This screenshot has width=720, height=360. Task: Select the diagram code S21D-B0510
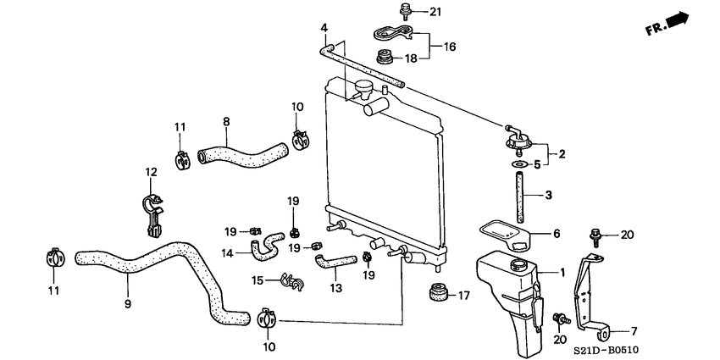pyautogui.click(x=670, y=349)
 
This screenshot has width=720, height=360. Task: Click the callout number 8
pyautogui.click(x=226, y=122)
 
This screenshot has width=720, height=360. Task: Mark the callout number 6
pyautogui.click(x=556, y=234)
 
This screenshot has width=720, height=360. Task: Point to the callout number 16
pyautogui.click(x=449, y=47)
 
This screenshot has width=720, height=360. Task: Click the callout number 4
pyautogui.click(x=324, y=29)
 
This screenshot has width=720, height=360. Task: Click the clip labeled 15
pyautogui.click(x=290, y=281)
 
